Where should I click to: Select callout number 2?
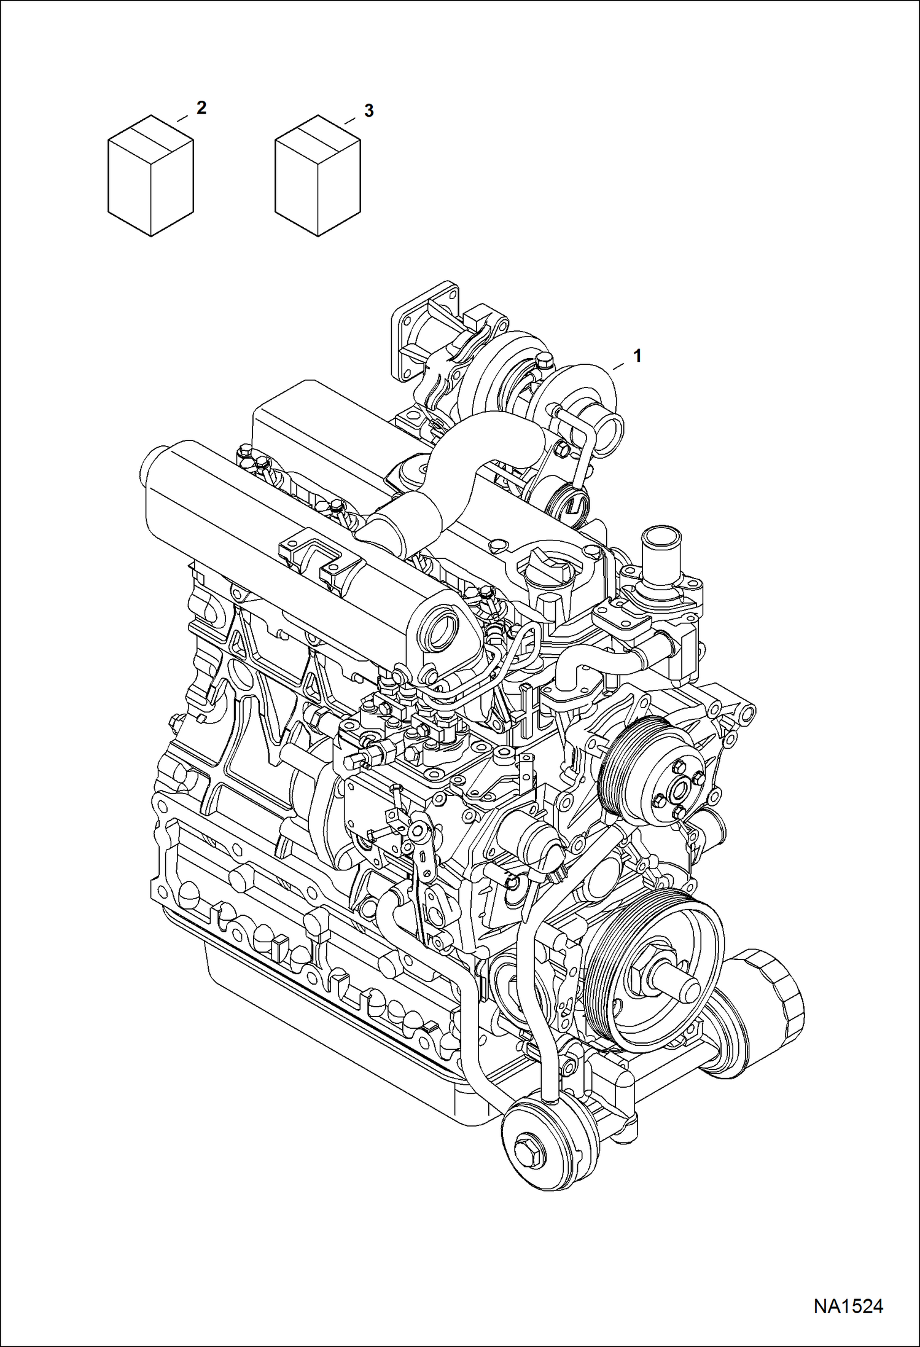pos(201,108)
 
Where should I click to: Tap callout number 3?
pos(368,111)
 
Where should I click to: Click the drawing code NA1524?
pos(848,1305)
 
